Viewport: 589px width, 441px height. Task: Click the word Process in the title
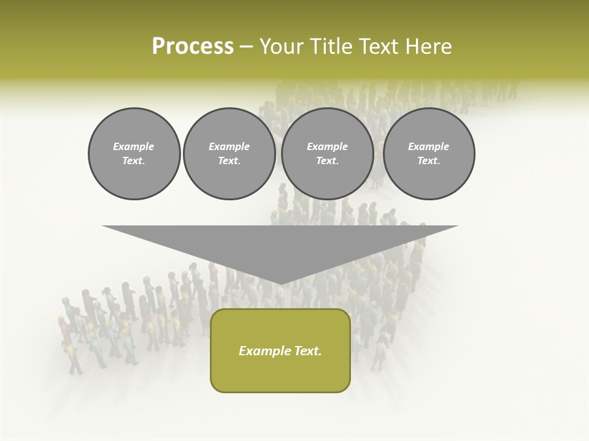pos(193,47)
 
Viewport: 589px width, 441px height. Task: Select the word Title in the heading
pos(333,47)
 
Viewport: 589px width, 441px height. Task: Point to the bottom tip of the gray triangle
pos(280,283)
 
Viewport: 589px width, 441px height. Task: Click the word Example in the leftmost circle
pos(134,146)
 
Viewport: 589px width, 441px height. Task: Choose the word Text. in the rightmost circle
pos(428,160)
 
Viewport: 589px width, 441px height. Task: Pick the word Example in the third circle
pos(327,146)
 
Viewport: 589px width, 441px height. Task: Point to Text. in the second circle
pos(229,160)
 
